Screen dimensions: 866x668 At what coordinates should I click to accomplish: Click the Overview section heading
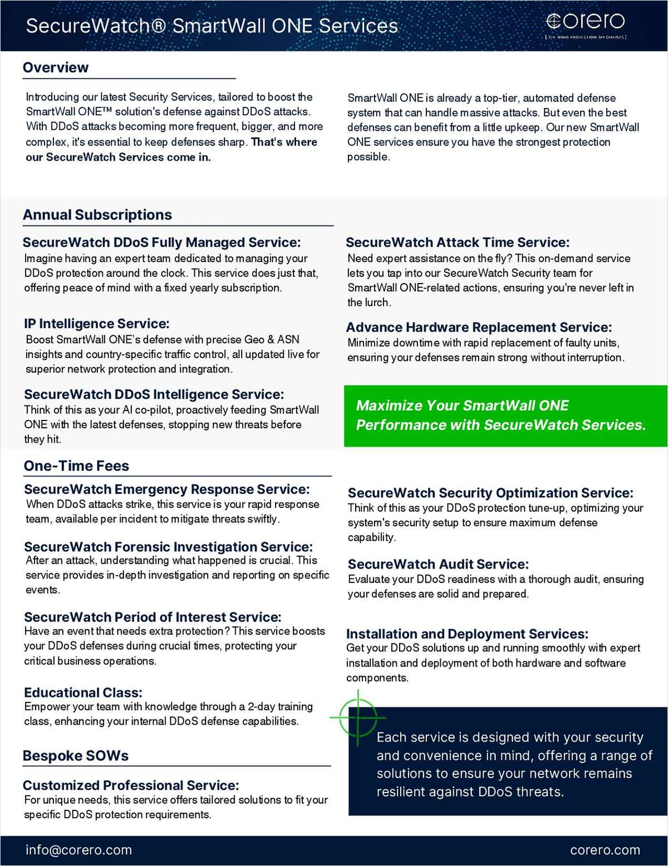[56, 68]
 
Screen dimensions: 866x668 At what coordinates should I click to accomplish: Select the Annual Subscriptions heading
[97, 215]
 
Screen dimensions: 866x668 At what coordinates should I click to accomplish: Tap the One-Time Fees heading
[76, 466]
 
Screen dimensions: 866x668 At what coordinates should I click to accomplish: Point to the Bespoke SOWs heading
[76, 756]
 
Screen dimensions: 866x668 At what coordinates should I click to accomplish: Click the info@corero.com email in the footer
[78, 850]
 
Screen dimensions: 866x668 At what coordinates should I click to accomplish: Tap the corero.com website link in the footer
[605, 850]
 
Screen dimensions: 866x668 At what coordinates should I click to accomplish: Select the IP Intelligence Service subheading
[96, 324]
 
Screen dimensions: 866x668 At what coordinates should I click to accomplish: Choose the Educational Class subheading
[83, 693]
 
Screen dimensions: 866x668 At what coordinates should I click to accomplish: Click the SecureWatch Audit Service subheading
[438, 564]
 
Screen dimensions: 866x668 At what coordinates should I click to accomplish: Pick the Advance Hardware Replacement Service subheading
[479, 327]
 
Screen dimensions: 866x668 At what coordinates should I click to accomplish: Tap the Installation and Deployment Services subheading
[467, 634]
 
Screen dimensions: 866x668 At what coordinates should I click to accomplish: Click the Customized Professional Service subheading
[131, 785]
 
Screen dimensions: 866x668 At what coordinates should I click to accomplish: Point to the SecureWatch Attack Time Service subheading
[458, 243]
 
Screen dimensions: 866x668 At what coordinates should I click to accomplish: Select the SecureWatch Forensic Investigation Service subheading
[168, 547]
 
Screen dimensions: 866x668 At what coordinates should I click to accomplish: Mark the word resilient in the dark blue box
[401, 792]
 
